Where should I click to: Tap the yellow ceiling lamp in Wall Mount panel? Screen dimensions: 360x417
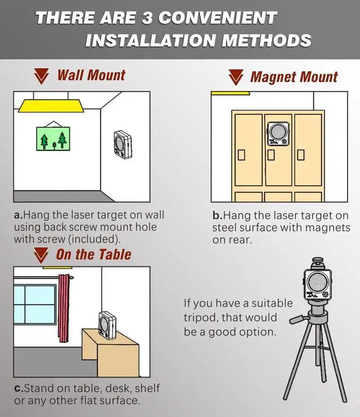pos(51,106)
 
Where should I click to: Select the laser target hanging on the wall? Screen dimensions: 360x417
pos(123,145)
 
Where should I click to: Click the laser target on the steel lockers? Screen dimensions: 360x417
pos(277,133)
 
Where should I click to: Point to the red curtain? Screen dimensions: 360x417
pos(64,308)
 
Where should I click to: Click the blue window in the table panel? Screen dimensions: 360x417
pos(35,304)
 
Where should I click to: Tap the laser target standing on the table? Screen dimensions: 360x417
pos(107,326)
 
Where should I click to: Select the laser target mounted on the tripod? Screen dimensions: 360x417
pos(318,283)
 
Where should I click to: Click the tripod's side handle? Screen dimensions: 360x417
pos(299,319)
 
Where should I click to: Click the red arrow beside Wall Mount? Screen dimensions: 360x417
pos(42,77)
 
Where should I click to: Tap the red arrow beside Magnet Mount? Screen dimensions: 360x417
pos(236,78)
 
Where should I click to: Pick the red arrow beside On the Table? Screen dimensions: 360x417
pos(41,255)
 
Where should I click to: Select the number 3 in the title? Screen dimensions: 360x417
pos(147,18)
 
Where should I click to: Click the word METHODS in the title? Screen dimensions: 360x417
pos(266,41)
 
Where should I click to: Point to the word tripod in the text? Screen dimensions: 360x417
pos(200,318)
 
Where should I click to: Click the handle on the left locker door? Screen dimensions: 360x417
pos(241,155)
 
